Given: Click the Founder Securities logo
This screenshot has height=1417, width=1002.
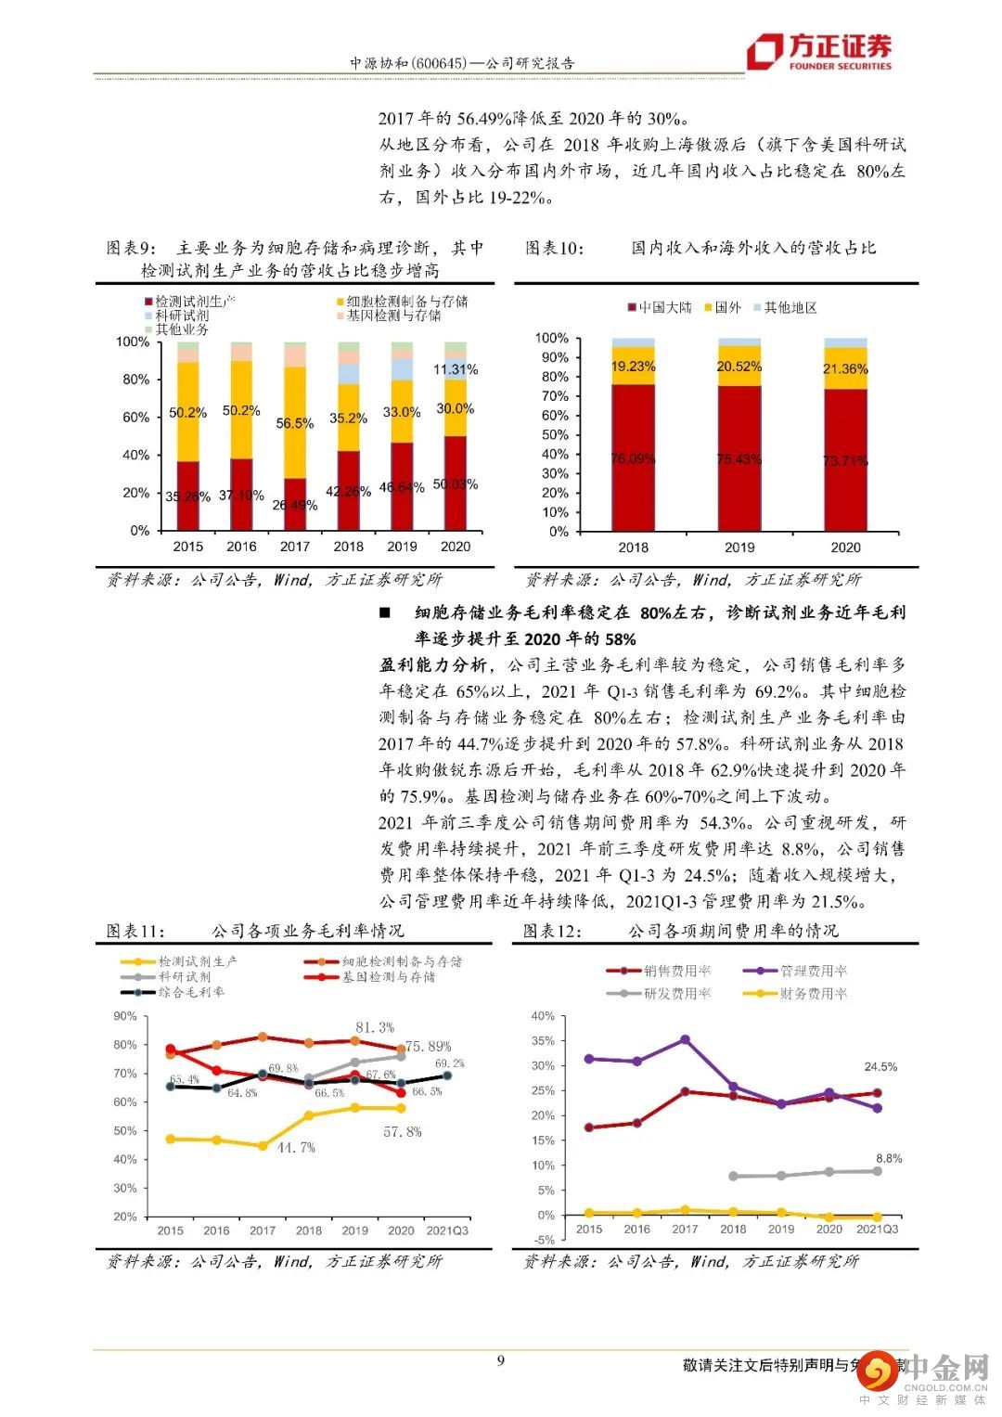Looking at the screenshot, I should point(820,51).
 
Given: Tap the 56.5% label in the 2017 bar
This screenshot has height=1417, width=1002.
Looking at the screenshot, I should point(294,423).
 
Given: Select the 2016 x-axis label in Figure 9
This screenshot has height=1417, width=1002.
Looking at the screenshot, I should point(241,547).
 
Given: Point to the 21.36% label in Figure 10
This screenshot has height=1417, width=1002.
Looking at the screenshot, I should point(845,369).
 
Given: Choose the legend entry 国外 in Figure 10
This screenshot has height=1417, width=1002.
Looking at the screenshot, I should point(723,308).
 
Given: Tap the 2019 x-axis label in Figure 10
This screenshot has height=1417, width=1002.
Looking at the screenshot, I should point(739,547).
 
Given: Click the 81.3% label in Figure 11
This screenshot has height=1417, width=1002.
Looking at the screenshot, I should point(374,1027).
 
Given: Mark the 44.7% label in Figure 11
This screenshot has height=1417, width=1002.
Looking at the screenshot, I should point(296,1148).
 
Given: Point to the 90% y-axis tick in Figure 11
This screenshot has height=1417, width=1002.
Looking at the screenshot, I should point(125,1016).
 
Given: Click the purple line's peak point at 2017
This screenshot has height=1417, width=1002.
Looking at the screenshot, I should point(685,1040).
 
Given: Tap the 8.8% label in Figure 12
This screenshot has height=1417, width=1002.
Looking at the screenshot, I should point(888,1159).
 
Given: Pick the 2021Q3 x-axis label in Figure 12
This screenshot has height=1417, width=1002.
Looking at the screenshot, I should point(876,1230).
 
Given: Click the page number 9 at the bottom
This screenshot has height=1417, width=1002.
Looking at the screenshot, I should point(501,1361).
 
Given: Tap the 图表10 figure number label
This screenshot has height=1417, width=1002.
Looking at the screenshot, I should point(555,248).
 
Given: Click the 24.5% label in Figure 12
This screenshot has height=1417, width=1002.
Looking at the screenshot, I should point(880,1067).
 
